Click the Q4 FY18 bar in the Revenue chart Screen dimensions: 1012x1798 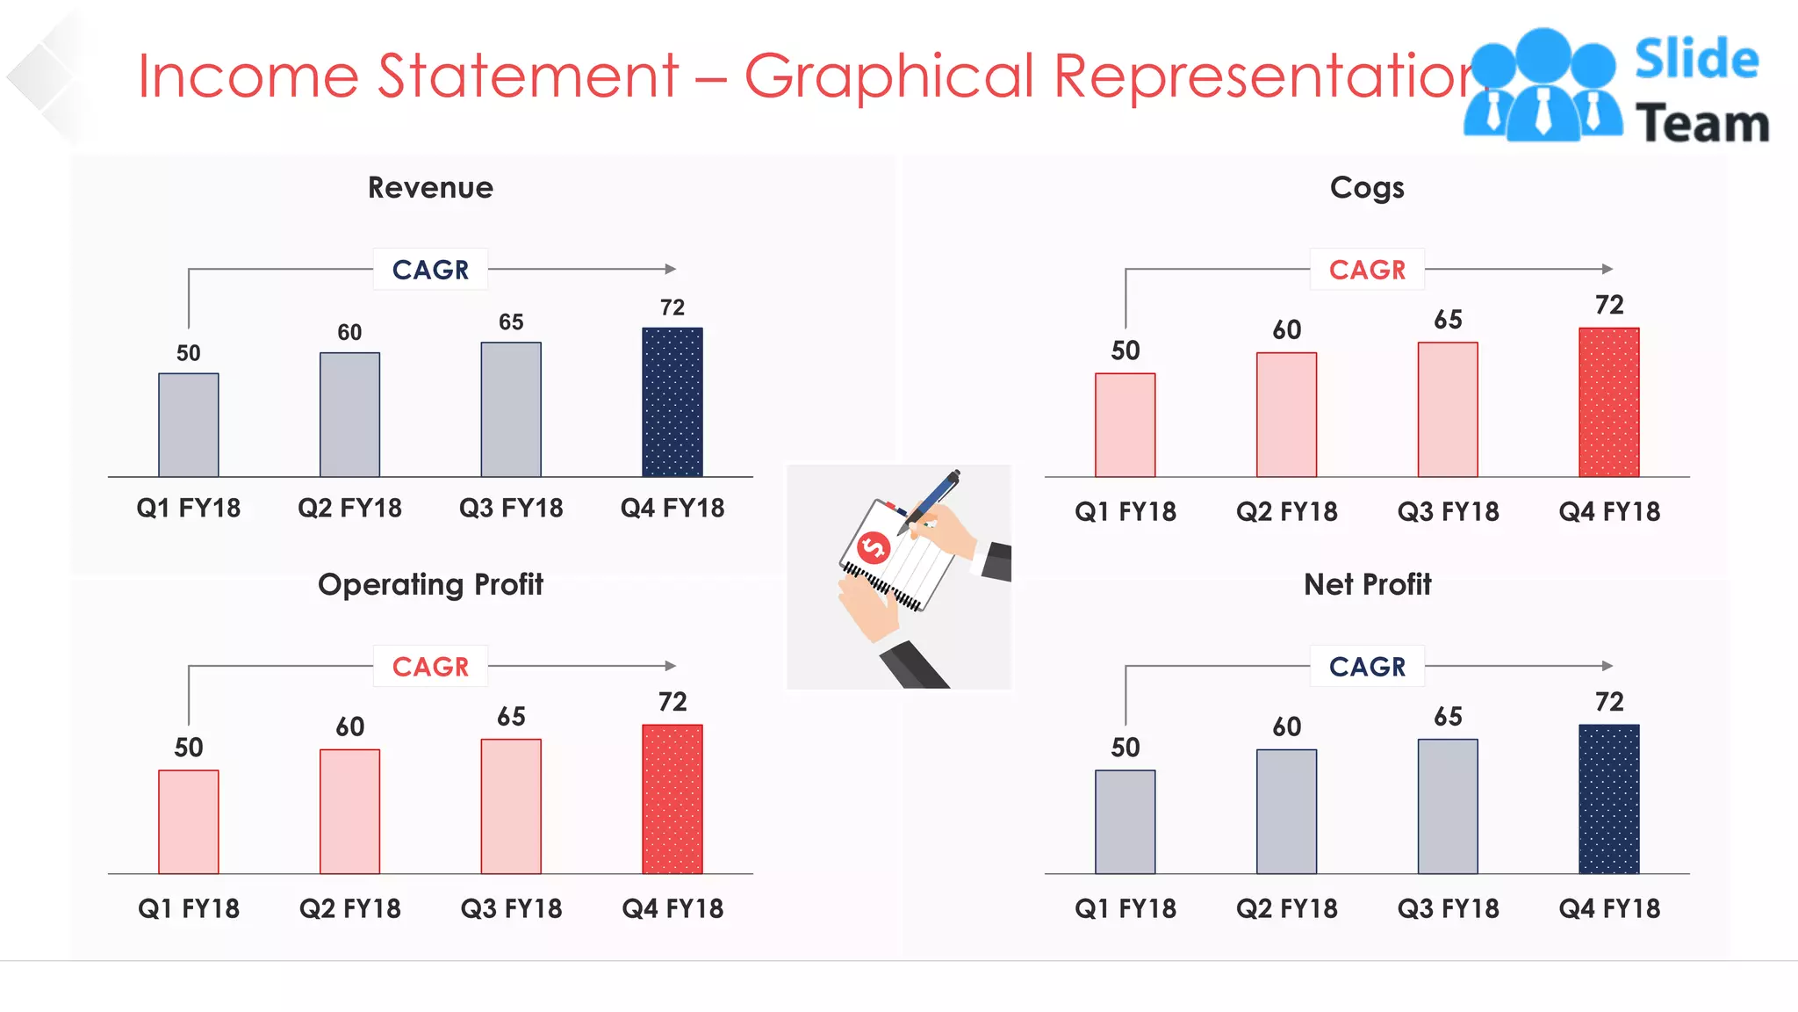coord(672,402)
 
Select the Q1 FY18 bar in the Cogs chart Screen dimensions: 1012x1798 coord(1125,425)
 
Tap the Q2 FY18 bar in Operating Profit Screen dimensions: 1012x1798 coord(349,811)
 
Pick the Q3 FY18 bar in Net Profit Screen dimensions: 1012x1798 coord(1448,806)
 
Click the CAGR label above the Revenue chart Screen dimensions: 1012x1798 coord(430,270)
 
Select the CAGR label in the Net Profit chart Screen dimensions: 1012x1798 coord(1367,667)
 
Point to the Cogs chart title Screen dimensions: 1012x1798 coord(1367,188)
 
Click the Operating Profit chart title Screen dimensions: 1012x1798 coord(430,585)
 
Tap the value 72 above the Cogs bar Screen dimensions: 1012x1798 coord(1609,306)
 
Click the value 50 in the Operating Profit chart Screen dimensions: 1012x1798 coord(189,748)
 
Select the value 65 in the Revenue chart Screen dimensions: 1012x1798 coord(511,322)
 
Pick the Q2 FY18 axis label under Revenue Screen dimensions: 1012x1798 coord(349,509)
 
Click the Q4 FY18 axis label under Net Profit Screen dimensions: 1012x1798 coord(1609,908)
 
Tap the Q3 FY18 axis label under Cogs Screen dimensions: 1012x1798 coord(1448,511)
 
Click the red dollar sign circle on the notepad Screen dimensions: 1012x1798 coord(874,548)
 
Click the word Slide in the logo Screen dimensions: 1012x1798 coord(1696,60)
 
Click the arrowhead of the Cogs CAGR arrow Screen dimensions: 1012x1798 coord(1607,269)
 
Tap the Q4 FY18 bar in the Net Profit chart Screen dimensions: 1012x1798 coord(1609,799)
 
